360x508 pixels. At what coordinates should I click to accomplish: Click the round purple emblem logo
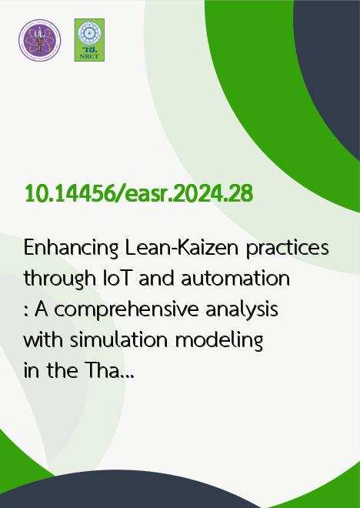[39, 40]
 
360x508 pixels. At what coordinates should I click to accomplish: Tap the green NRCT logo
[89, 40]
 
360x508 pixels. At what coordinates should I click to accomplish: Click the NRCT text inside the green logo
[89, 56]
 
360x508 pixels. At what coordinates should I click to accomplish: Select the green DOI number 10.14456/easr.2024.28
[139, 194]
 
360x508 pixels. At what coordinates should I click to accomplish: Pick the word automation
[235, 279]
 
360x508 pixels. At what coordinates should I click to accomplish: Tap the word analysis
[242, 310]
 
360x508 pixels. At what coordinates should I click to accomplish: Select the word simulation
[118, 340]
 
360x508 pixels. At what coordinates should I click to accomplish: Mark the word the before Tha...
[62, 371]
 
